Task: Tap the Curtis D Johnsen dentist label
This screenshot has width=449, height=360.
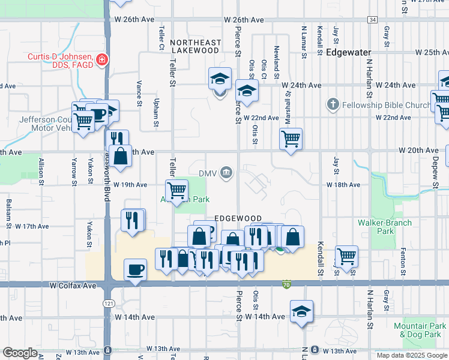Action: click(x=59, y=61)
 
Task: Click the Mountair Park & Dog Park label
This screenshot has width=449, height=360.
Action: click(x=420, y=330)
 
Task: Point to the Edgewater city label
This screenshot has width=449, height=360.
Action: click(x=349, y=53)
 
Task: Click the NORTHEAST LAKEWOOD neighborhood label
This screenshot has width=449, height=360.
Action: click(x=194, y=47)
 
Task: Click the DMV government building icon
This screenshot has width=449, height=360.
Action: click(x=227, y=173)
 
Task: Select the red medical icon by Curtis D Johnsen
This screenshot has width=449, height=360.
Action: click(x=102, y=60)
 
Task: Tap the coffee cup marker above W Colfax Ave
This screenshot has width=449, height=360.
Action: click(x=135, y=269)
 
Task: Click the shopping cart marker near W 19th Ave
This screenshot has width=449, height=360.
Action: click(x=176, y=190)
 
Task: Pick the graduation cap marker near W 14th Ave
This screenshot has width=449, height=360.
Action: click(x=301, y=312)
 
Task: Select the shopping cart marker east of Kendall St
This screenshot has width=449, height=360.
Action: click(x=346, y=256)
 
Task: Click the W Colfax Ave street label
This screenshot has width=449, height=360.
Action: click(x=73, y=286)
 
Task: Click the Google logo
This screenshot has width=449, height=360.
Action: click(x=20, y=353)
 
